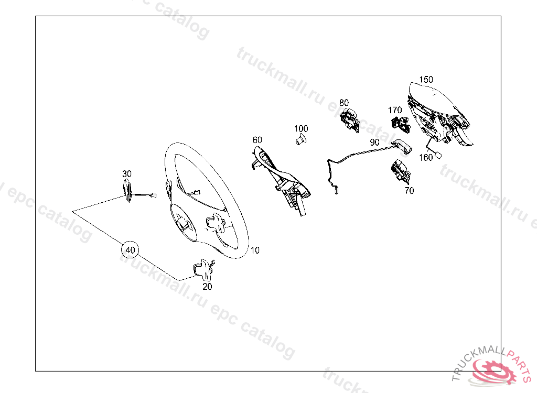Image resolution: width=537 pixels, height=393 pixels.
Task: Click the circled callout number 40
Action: click(x=130, y=250)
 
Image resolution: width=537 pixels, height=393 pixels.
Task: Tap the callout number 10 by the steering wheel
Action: click(x=254, y=250)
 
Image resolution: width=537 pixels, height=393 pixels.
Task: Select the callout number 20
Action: click(x=208, y=287)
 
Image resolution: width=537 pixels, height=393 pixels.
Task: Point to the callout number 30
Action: click(x=127, y=173)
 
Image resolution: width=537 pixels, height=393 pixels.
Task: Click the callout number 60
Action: click(x=257, y=140)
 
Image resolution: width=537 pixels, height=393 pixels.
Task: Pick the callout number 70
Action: click(x=409, y=191)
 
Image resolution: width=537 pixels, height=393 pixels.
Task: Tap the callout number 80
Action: click(x=344, y=102)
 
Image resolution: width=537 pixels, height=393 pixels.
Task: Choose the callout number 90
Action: click(x=374, y=142)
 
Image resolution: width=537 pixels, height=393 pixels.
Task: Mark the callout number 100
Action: click(x=301, y=128)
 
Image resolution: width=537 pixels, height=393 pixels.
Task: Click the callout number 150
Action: click(x=426, y=79)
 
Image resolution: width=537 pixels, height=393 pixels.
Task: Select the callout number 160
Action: click(x=426, y=157)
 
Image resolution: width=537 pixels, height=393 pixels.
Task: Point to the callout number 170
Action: click(x=395, y=110)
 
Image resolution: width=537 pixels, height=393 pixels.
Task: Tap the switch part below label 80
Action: click(x=349, y=119)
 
